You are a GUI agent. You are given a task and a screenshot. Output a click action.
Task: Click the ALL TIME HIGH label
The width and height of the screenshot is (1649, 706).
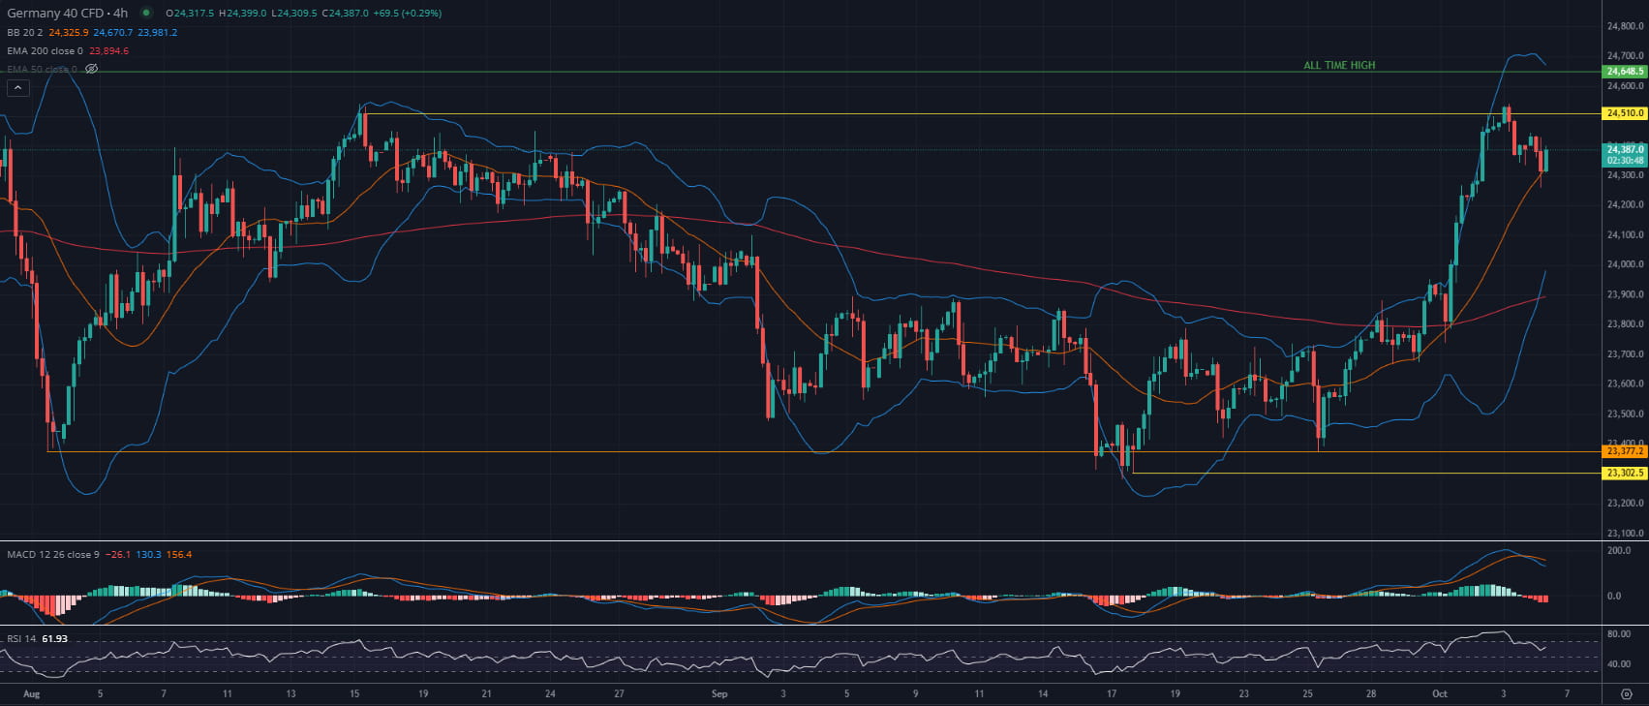tap(1338, 66)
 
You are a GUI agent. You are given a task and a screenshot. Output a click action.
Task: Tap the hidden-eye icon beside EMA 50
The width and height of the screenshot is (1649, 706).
tap(92, 69)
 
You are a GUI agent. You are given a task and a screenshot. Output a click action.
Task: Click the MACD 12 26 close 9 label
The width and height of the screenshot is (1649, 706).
tap(52, 555)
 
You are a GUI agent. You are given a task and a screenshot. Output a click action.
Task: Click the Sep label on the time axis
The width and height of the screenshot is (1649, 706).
tap(718, 693)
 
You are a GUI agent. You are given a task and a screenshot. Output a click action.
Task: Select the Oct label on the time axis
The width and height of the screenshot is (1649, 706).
tap(1439, 693)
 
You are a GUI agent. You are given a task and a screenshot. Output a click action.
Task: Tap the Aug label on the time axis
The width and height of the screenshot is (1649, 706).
tap(31, 693)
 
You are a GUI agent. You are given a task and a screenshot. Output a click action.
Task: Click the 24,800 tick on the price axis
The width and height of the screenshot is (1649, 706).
tap(1624, 26)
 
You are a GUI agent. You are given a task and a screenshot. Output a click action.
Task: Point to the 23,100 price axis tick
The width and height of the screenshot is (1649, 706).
tap(1624, 534)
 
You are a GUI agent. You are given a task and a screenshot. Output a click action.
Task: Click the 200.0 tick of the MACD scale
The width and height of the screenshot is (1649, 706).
tap(1619, 551)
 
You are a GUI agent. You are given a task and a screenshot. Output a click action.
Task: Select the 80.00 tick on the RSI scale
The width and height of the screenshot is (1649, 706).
tap(1619, 634)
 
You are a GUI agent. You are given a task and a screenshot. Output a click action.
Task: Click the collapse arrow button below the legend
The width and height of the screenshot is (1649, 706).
tap(17, 88)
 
